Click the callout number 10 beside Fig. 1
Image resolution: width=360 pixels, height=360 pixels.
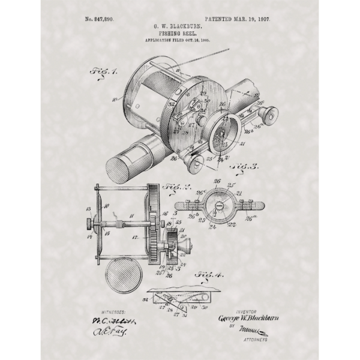pos(115,100)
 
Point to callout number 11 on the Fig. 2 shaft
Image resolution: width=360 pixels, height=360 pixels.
pos(132,214)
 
